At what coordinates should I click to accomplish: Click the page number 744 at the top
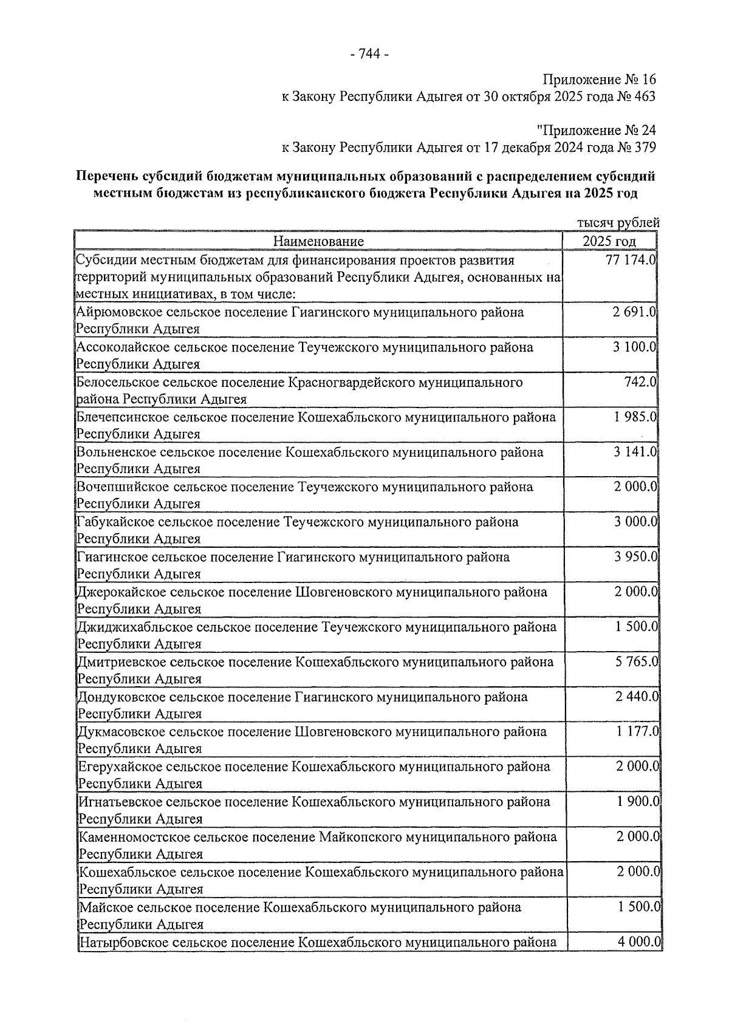(370, 55)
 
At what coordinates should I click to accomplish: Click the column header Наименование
(318, 242)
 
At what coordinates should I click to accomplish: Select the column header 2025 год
(609, 242)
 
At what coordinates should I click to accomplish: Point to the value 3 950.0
(635, 557)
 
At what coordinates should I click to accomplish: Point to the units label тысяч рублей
(618, 223)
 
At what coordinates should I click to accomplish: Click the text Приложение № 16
(599, 80)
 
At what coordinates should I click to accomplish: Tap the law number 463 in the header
(645, 97)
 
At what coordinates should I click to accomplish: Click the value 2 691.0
(635, 313)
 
